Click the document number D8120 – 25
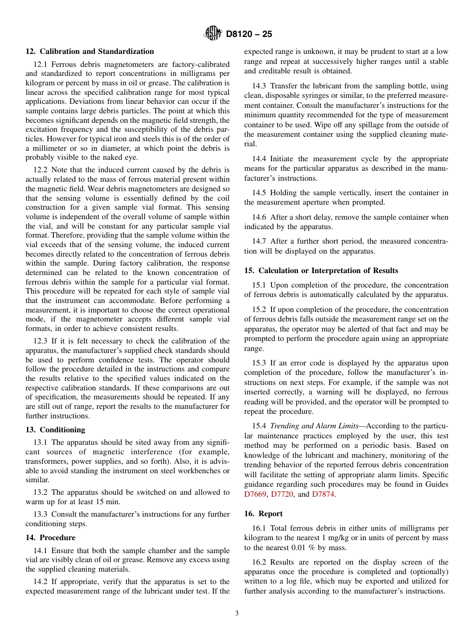pyautogui.click(x=249, y=34)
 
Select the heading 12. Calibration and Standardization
pyautogui.click(x=90, y=51)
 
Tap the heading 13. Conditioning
pyautogui.click(x=55, y=430)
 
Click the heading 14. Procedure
pyautogui.click(x=50, y=538)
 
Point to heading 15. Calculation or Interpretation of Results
pyautogui.click(x=321, y=271)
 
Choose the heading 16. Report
pyautogui.click(x=263, y=514)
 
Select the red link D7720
pyautogui.click(x=282, y=495)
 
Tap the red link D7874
pyautogui.click(x=323, y=495)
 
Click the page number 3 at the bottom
pyautogui.click(x=237, y=614)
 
